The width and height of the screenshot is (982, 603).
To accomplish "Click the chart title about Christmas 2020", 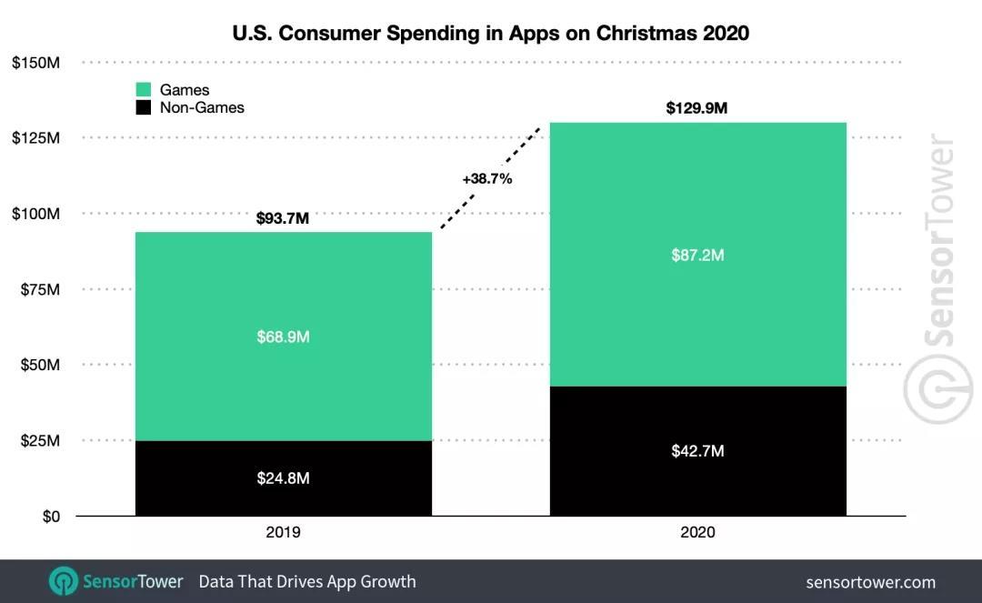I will point(491,34).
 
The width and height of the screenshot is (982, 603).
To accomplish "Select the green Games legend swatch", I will point(143,90).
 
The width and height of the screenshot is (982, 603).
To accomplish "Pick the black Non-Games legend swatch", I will point(143,107).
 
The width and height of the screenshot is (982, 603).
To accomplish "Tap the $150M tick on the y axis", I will point(35,63).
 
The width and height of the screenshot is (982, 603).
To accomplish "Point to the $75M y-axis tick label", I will point(39,289).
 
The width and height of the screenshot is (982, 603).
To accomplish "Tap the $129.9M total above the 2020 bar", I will point(696,108).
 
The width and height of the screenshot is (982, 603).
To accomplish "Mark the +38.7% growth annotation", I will point(487,179).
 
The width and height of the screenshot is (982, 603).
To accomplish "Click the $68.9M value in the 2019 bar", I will point(283,337).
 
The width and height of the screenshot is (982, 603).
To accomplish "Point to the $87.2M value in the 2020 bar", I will point(697,256).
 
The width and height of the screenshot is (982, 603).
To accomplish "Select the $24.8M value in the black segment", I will point(283,477).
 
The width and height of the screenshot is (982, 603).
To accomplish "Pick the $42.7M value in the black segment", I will point(697,451).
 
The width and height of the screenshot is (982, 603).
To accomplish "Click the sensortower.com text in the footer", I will point(870,582).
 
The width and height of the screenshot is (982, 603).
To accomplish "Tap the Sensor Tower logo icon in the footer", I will point(63,581).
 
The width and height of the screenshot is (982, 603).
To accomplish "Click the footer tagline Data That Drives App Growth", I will point(306,581).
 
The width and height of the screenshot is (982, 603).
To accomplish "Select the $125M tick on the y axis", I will point(35,138).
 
